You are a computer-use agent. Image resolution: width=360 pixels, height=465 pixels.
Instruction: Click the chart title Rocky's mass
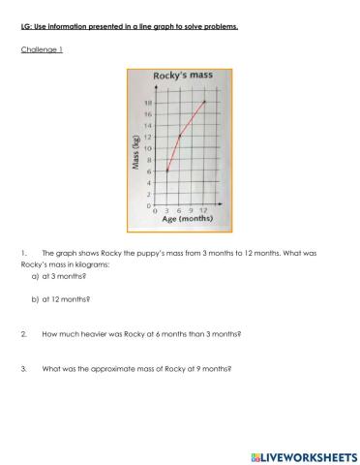(181, 76)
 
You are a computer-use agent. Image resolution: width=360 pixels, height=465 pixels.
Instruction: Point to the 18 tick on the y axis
(148, 102)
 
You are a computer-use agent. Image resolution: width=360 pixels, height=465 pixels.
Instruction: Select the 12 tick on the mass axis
(148, 137)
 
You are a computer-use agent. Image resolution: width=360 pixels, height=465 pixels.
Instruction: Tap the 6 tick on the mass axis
(148, 171)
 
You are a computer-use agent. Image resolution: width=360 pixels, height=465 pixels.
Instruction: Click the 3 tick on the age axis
(167, 211)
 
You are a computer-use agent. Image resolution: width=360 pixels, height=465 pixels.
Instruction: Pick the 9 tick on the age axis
(192, 211)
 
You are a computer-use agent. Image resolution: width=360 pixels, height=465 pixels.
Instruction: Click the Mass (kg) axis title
(135, 155)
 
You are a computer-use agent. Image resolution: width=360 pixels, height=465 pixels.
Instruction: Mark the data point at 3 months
(167, 170)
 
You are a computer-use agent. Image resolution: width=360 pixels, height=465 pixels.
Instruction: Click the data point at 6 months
(179, 136)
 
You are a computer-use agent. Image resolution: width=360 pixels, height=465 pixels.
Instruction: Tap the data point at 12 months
(204, 101)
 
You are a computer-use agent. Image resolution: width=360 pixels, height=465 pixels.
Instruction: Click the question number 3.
(22, 368)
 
